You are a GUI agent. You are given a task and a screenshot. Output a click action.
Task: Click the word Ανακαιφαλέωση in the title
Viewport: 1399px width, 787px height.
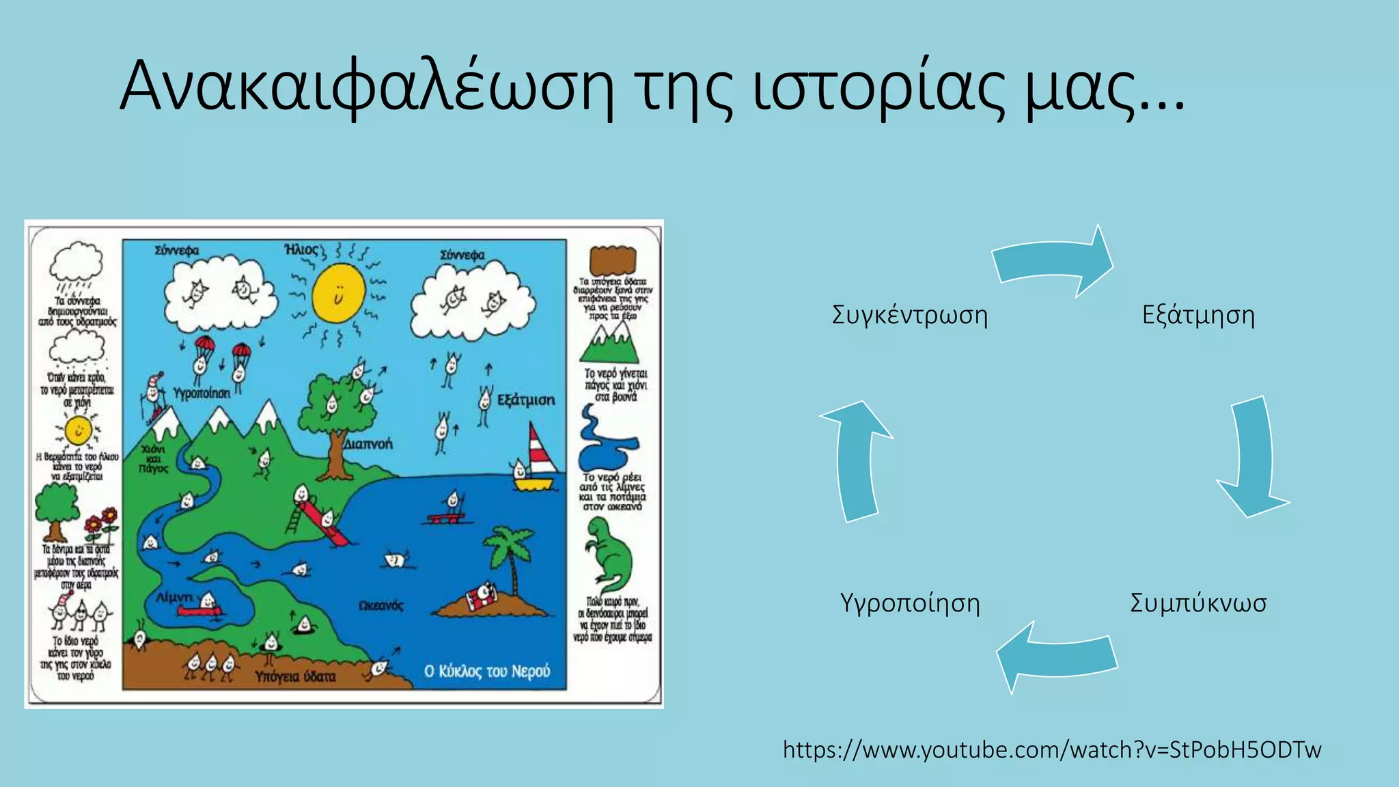click(x=365, y=87)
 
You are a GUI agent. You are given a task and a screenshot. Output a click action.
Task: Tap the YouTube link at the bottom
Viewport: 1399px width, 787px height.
click(x=1052, y=750)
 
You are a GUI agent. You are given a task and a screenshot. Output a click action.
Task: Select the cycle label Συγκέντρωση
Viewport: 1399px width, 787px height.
click(x=910, y=316)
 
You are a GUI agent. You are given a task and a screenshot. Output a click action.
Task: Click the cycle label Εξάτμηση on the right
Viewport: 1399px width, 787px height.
click(x=1198, y=316)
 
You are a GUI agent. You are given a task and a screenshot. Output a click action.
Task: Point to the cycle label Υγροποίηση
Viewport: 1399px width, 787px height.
click(x=910, y=604)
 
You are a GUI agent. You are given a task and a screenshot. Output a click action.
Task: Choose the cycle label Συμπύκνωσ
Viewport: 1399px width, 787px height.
click(x=1198, y=604)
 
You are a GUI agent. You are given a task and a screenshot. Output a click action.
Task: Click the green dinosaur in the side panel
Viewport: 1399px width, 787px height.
click(x=608, y=553)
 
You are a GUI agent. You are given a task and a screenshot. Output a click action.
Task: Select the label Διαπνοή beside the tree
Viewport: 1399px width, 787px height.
click(x=368, y=444)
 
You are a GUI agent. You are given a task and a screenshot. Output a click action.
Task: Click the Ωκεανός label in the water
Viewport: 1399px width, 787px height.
click(x=380, y=606)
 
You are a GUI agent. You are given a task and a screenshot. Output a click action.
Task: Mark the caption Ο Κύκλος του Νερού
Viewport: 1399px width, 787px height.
click(x=486, y=672)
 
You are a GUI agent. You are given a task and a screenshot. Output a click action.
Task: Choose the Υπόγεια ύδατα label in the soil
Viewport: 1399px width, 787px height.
click(x=295, y=676)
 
